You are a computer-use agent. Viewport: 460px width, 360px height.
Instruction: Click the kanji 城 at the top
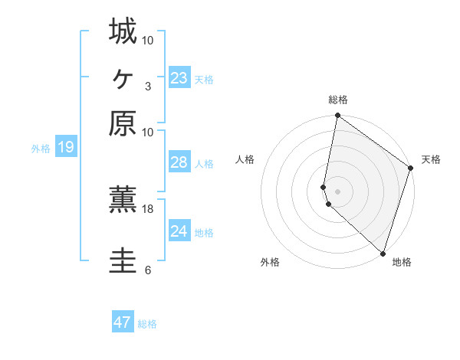point(123,32)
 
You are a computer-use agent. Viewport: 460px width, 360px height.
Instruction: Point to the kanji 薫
point(123,201)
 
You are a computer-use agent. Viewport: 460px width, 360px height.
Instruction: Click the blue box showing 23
point(179,78)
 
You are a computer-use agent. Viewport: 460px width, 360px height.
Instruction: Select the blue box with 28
point(179,162)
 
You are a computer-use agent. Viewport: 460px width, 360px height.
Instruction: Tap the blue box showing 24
point(179,231)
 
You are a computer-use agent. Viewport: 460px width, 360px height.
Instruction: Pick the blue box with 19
point(66,147)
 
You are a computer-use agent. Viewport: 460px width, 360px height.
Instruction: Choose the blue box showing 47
point(123,322)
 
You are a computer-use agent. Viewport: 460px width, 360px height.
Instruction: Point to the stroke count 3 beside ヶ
point(147,87)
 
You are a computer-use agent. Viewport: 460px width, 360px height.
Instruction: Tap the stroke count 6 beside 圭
point(147,270)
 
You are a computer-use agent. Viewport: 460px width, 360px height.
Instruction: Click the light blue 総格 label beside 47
point(147,324)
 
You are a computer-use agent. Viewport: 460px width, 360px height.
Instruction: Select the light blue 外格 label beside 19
point(41,149)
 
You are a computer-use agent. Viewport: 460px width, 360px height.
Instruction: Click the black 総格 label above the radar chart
point(338,100)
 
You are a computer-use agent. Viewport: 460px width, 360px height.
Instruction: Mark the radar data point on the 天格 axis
point(411,169)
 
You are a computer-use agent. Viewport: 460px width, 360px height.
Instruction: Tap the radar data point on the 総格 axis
point(337,116)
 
